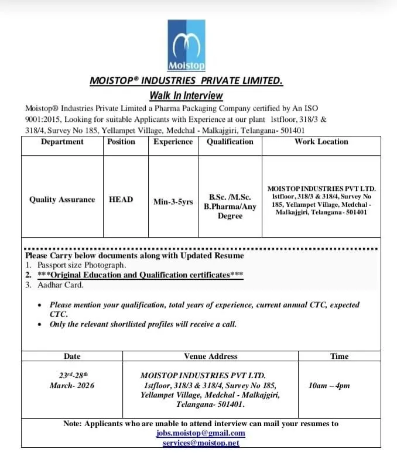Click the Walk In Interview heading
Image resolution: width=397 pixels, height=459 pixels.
pos(186,95)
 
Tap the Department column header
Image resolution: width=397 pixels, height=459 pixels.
pos(62,142)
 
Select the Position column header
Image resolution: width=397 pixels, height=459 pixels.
pos(121,142)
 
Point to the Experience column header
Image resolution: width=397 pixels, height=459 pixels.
pos(173,142)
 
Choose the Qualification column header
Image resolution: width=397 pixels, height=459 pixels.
pos(230,142)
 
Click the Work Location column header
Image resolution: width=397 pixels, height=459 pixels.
pos(321,142)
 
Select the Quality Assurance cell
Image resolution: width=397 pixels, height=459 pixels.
pos(62,200)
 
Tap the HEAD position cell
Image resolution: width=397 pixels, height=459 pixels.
pos(121,200)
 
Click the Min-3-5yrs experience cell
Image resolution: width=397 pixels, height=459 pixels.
pos(173,202)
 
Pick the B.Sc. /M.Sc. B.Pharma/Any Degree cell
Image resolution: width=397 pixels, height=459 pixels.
pos(230,206)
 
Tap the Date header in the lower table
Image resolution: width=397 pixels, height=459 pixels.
pos(72,356)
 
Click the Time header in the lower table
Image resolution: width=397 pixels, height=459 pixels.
pos(339,356)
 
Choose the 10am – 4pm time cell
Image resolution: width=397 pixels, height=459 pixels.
pos(328,386)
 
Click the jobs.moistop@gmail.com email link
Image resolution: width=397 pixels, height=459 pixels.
pos(200,433)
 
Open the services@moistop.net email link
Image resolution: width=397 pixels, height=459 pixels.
pos(201,443)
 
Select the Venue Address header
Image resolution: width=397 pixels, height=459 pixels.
pos(211,356)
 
